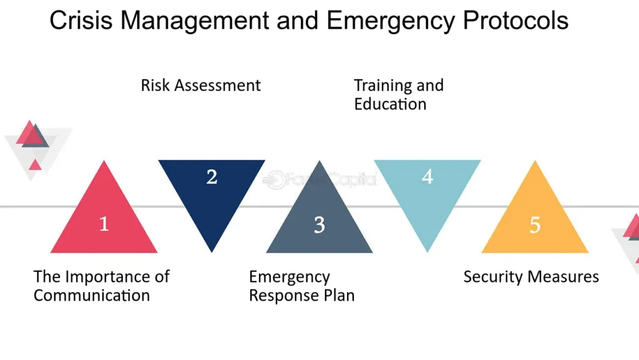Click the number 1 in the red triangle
pyautogui.click(x=104, y=224)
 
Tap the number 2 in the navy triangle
pyautogui.click(x=212, y=177)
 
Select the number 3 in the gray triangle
pyautogui.click(x=319, y=225)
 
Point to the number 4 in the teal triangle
pyautogui.click(x=427, y=177)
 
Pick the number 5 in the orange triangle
pyautogui.click(x=535, y=225)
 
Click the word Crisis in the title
pyautogui.click(x=80, y=21)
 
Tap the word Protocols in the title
pyautogui.click(x=515, y=21)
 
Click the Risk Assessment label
pyautogui.click(x=200, y=85)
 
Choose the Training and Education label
pyautogui.click(x=399, y=94)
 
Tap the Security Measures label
pyautogui.click(x=531, y=277)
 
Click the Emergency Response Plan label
pyautogui.click(x=301, y=286)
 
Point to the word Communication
pyautogui.click(x=92, y=295)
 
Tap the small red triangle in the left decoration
pyautogui.click(x=35, y=165)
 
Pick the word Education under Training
pyautogui.click(x=390, y=104)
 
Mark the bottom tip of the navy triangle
pyautogui.click(x=212, y=253)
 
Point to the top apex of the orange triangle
pyautogui.click(x=535, y=160)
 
